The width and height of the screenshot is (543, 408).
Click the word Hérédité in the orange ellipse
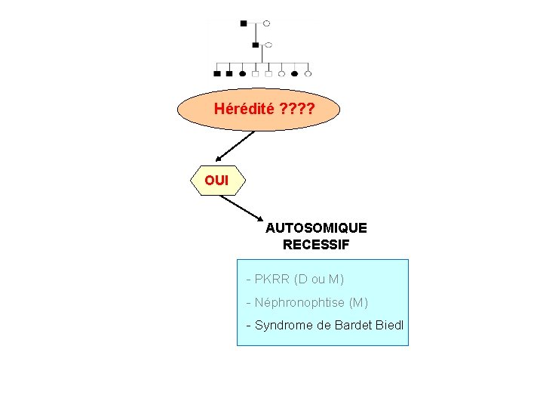coord(244,109)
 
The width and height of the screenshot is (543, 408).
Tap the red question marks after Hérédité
coord(297,109)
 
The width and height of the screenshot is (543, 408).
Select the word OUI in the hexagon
coord(216,181)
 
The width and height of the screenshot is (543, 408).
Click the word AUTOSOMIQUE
coord(316,228)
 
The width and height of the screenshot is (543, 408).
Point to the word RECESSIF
coord(316,245)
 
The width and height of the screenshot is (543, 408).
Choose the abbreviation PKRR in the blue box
coord(271,279)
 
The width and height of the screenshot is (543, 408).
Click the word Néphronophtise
coord(300,302)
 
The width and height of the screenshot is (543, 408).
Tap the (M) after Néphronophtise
coord(358,302)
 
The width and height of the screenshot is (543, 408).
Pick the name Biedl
coord(389,325)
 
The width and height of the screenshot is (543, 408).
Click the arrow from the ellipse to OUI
coord(235,146)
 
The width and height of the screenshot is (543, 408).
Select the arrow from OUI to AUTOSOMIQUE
coord(242,209)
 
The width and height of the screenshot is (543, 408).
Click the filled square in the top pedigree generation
coord(244,23)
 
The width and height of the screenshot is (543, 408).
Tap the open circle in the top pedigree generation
coord(266,23)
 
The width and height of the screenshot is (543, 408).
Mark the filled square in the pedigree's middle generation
coord(256,45)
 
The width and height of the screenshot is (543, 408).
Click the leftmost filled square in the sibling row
coord(217,73)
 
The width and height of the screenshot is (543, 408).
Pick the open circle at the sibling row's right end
coord(308,73)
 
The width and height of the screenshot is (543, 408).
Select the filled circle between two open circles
coord(294,73)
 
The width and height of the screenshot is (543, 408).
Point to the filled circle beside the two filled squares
coord(242,73)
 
